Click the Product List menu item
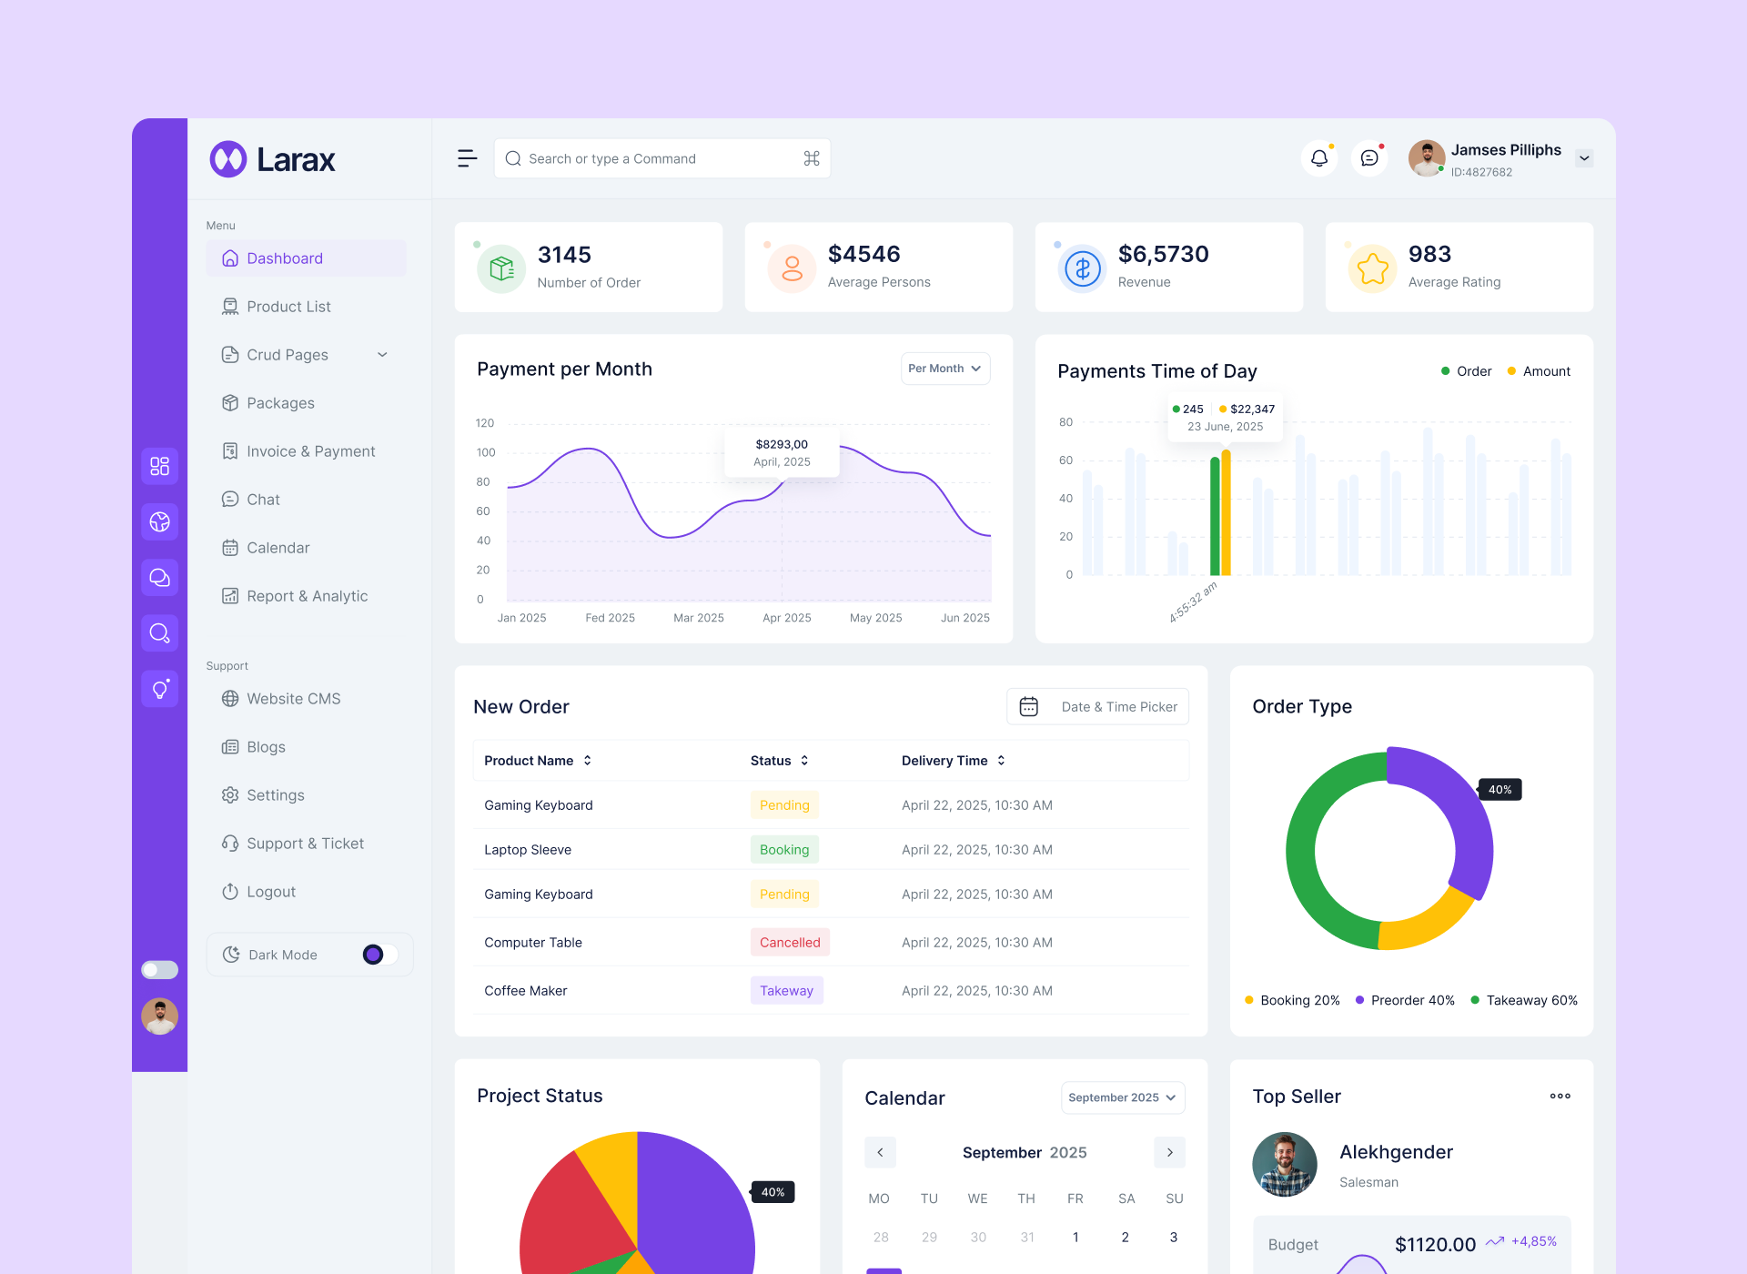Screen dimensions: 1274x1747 (288, 307)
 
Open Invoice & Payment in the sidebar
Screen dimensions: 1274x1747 (309, 451)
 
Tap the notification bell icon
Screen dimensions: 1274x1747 (1318, 158)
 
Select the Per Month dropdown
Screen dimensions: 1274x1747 (944, 369)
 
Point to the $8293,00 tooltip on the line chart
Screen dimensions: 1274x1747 (782, 452)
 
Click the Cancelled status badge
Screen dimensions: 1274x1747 (790, 943)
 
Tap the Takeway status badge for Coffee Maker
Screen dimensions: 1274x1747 (786, 991)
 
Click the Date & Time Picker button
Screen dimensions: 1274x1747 (1097, 707)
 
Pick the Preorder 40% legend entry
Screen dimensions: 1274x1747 (1405, 1000)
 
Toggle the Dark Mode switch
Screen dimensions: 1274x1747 (379, 955)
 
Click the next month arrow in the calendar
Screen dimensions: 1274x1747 (1169, 1152)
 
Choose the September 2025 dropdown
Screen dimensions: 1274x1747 (1122, 1097)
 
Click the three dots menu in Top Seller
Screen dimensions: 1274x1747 (1560, 1097)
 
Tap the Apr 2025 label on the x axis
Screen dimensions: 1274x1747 (786, 618)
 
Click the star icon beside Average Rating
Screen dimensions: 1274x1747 (1372, 268)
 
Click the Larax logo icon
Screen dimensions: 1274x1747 (228, 159)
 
